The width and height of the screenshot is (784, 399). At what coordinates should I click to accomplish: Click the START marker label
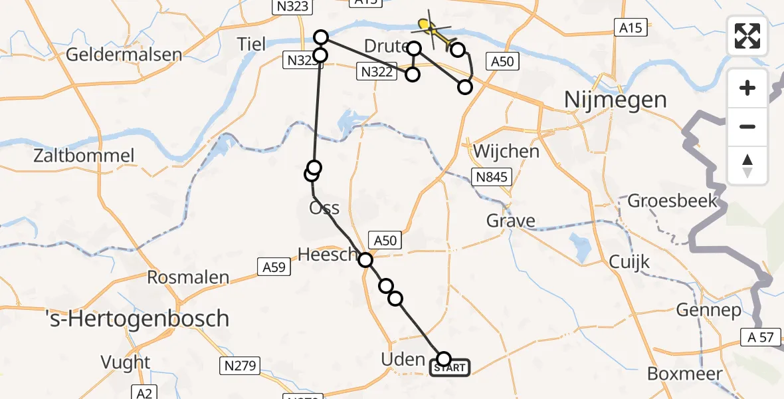(450, 368)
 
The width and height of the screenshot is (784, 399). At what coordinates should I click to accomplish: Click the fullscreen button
(747, 36)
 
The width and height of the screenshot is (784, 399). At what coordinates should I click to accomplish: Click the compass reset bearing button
(747, 166)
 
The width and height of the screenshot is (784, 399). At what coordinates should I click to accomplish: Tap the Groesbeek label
(672, 200)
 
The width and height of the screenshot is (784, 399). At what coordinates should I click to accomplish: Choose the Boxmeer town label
(684, 374)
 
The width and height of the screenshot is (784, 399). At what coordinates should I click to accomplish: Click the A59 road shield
(272, 267)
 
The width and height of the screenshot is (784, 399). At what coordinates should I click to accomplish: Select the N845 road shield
(492, 176)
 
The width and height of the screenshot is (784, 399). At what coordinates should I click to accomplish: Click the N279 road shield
(240, 365)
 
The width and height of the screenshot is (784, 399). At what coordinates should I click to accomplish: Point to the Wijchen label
(506, 151)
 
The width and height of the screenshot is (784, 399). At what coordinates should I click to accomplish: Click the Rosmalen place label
(188, 277)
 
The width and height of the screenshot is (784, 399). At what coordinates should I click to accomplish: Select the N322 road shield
(375, 71)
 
